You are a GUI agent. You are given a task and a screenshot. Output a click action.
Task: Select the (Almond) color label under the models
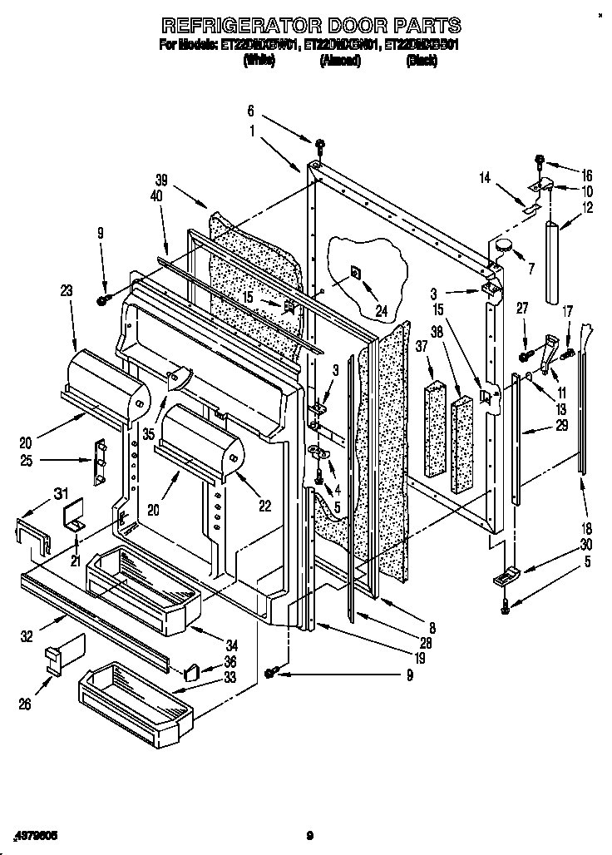tap(339, 62)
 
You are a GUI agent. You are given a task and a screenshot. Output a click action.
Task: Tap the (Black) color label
tap(421, 62)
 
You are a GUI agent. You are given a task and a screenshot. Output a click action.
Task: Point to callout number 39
tap(161, 178)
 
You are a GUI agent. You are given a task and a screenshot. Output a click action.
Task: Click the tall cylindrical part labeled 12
tap(552, 262)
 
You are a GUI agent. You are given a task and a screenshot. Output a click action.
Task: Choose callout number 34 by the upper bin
tap(231, 645)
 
